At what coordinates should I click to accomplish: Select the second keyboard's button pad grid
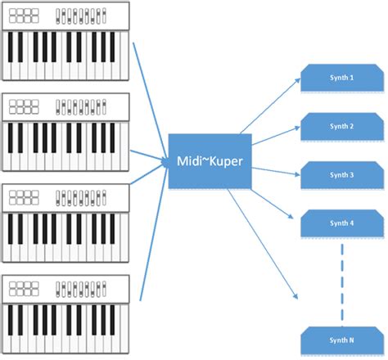(26, 106)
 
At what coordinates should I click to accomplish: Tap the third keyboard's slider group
(82, 197)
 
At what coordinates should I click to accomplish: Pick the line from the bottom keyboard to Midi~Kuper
(153, 237)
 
